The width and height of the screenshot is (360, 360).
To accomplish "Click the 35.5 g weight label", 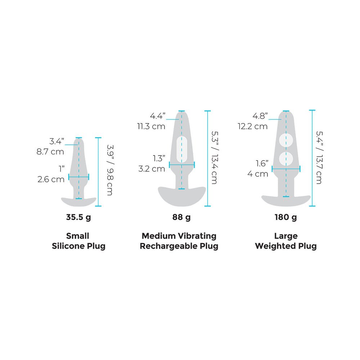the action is tap(78, 217).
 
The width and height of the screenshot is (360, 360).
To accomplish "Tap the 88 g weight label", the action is tap(181, 217).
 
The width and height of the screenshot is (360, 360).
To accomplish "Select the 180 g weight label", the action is tap(285, 217).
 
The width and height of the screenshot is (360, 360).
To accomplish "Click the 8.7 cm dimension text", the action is tap(50, 152).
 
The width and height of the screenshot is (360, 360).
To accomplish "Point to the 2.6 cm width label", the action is tap(51, 179).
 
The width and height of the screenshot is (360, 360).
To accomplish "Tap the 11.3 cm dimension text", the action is tap(151, 126).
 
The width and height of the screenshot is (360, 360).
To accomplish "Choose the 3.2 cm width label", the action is tap(152, 169).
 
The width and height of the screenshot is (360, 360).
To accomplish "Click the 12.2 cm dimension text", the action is tap(253, 126).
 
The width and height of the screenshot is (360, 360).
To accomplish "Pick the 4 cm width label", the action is tap(258, 174).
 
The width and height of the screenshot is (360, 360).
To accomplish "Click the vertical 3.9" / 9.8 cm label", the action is tap(110, 170).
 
